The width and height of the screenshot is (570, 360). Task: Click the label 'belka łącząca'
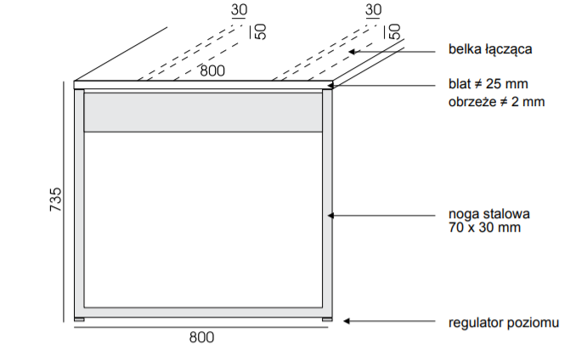coord(490,50)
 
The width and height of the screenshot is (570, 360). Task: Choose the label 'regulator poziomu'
coord(503,323)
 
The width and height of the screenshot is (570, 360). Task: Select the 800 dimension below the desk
coord(200,337)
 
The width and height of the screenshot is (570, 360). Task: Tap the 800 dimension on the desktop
coord(212,71)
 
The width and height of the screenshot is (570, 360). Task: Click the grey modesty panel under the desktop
coord(202,112)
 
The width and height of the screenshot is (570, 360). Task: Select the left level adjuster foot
coord(79,318)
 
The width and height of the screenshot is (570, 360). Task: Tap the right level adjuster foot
coord(327,318)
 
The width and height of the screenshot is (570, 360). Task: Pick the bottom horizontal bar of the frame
coord(202,310)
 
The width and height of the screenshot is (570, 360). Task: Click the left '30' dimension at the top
coord(239,10)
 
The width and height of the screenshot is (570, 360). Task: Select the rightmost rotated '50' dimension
coord(394,32)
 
